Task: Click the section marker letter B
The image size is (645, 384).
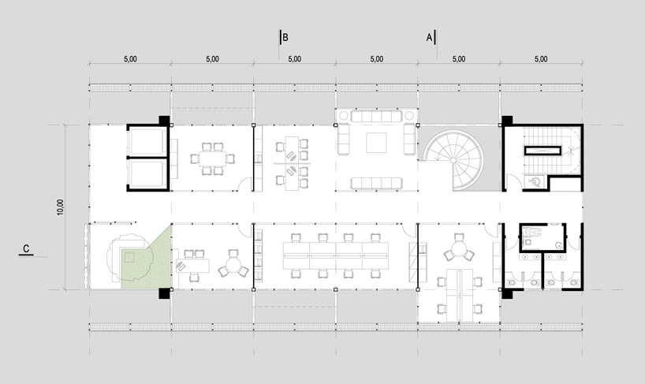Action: (285, 37)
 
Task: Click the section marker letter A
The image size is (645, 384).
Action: (429, 37)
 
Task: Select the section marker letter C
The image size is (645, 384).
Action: (26, 249)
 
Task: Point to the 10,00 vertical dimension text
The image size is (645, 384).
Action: (61, 207)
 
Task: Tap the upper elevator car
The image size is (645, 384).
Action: (147, 141)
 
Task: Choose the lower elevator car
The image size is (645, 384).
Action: (147, 175)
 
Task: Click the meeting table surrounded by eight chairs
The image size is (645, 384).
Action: (211, 158)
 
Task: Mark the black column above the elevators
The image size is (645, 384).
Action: (164, 120)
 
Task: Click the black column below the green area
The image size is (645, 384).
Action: (164, 293)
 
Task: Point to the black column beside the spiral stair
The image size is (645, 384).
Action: (506, 121)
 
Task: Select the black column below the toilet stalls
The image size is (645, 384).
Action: (506, 293)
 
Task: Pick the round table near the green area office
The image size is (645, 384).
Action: (233, 263)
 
